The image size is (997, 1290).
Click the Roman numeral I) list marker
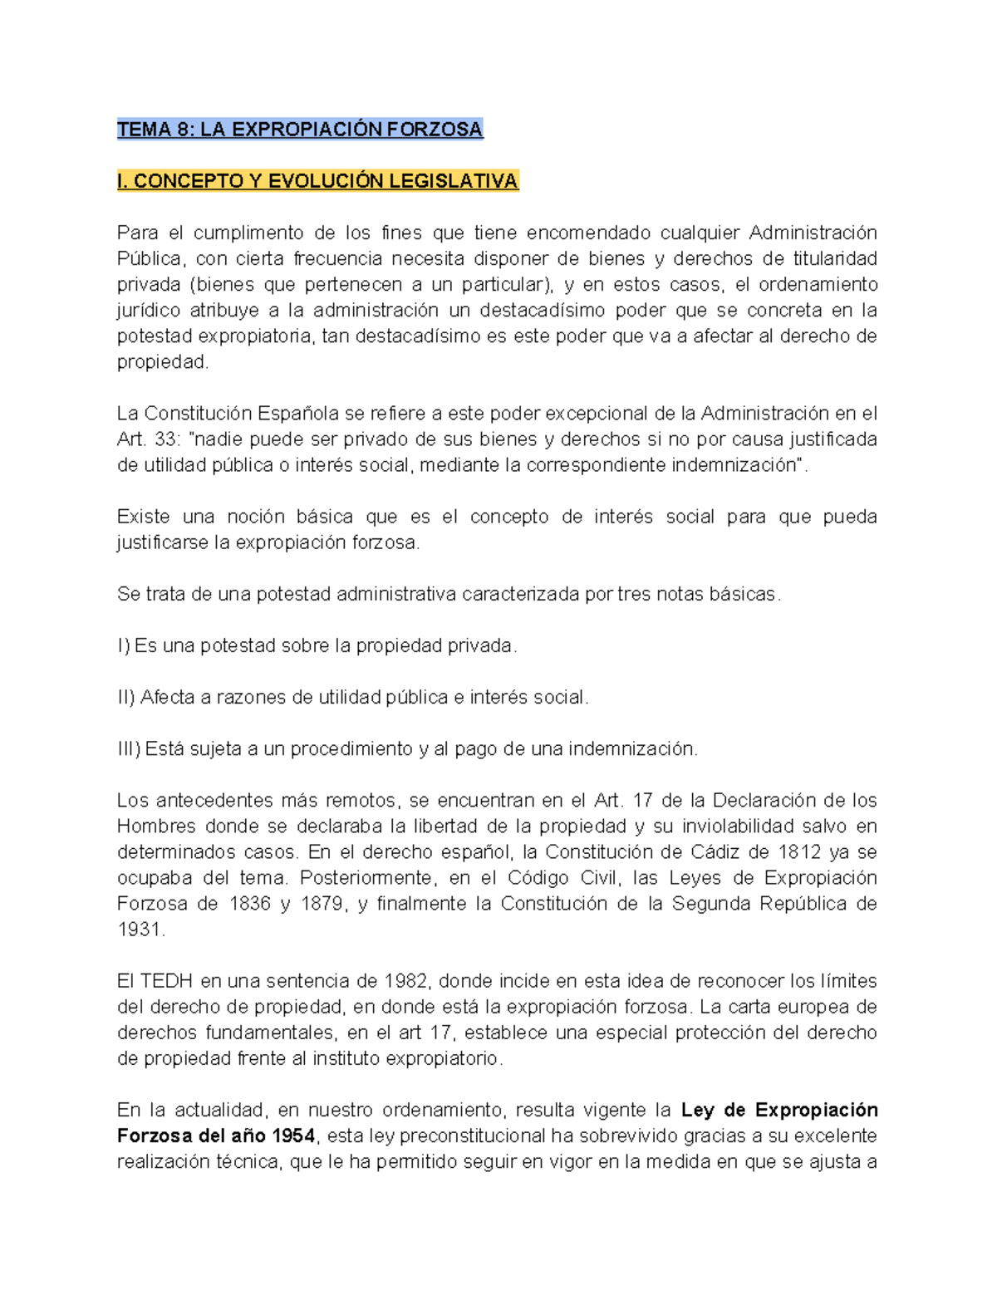tap(123, 645)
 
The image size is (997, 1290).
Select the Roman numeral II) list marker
tap(125, 697)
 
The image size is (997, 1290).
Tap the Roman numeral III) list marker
tap(128, 748)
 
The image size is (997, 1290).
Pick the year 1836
tap(250, 904)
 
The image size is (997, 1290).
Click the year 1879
tap(322, 904)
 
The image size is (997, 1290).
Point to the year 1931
tap(139, 929)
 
